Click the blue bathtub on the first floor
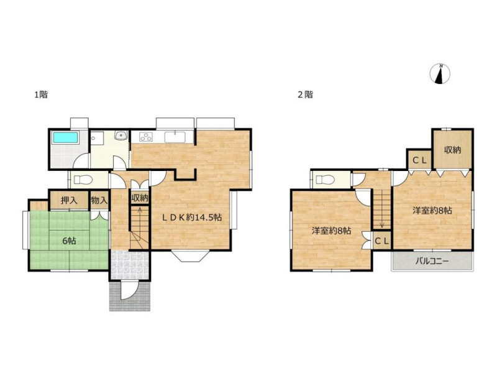tap(66, 138)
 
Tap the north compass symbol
tap(440, 74)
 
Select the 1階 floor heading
tap(41, 94)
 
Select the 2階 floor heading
tap(305, 94)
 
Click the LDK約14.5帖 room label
tap(192, 218)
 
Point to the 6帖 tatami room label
tap(69, 241)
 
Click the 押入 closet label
tap(69, 200)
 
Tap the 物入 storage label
tap(99, 200)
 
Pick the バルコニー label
tap(432, 261)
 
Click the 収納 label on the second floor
tap(452, 150)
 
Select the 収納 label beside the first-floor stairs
tap(140, 198)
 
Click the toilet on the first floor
tap(83, 180)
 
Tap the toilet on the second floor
tap(326, 180)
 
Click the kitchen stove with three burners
tap(146, 137)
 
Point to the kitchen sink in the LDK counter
tap(175, 137)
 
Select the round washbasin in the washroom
tap(121, 136)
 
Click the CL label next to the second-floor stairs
tap(381, 241)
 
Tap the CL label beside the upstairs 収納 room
tap(419, 160)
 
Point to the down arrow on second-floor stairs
tap(382, 221)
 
